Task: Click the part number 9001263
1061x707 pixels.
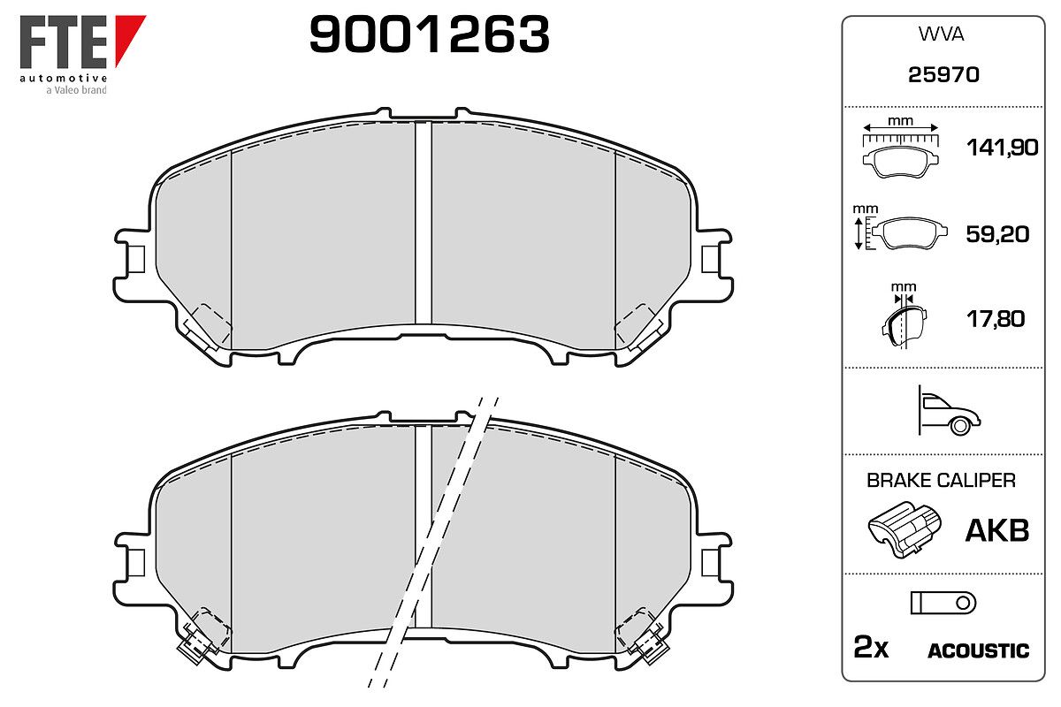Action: pyautogui.click(x=429, y=34)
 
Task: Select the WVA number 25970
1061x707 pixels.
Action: pyautogui.click(x=943, y=75)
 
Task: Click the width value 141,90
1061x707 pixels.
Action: pyautogui.click(x=1002, y=148)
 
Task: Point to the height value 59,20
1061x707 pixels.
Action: pyautogui.click(x=997, y=234)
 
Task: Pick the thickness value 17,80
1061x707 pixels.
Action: pyautogui.click(x=996, y=319)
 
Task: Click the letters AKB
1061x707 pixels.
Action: pyautogui.click(x=997, y=530)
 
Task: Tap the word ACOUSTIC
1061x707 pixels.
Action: pyautogui.click(x=978, y=651)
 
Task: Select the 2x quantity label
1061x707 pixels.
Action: pyautogui.click(x=871, y=647)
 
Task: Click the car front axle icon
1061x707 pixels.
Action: pyautogui.click(x=949, y=411)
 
